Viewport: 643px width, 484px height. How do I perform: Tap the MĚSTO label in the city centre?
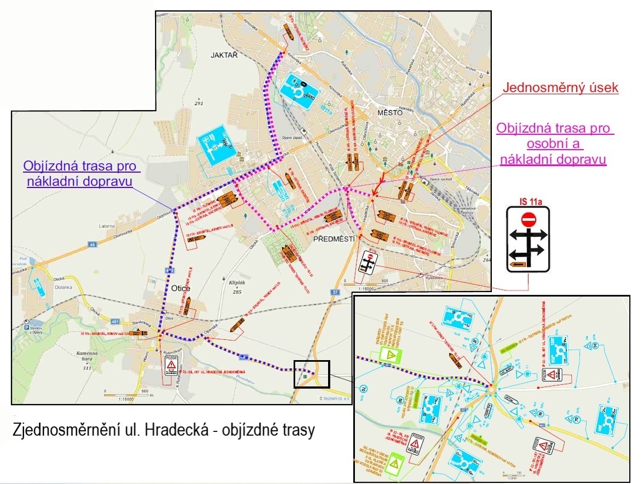tap(390, 112)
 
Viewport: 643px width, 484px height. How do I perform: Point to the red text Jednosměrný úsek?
tap(560, 88)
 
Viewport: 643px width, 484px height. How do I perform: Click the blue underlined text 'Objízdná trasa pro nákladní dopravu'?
tap(78, 174)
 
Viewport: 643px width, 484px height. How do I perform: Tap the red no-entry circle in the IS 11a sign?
tap(528, 220)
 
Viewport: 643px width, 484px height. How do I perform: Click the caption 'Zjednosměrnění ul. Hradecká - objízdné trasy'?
tap(164, 430)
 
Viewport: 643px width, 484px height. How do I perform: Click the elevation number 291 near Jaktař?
tap(198, 103)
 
